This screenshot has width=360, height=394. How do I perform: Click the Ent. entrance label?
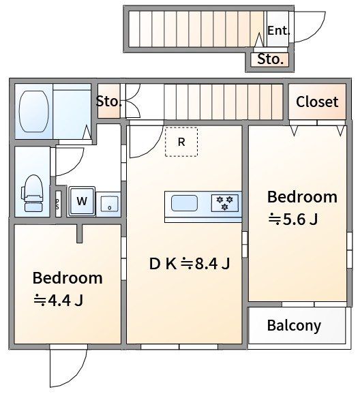[278, 31]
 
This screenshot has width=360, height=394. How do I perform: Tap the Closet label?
[317, 102]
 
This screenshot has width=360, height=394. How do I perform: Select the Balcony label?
[294, 326]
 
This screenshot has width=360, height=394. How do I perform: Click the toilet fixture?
[33, 193]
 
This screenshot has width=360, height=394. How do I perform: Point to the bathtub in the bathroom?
[33, 111]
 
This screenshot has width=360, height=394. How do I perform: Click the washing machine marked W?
[82, 201]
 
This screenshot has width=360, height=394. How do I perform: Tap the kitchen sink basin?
[184, 203]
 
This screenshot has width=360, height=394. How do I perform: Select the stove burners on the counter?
[225, 202]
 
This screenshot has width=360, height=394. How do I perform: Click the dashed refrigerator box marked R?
[181, 142]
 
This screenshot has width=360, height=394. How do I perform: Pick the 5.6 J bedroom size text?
[293, 219]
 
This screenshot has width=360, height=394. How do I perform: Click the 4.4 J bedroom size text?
[58, 300]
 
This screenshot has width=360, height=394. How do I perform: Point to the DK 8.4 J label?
[190, 264]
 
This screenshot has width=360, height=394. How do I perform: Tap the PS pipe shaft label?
[57, 204]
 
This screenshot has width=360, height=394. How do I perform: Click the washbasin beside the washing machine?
[109, 204]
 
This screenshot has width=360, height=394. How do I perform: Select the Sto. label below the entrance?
[270, 59]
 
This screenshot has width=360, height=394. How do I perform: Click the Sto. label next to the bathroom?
[108, 102]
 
